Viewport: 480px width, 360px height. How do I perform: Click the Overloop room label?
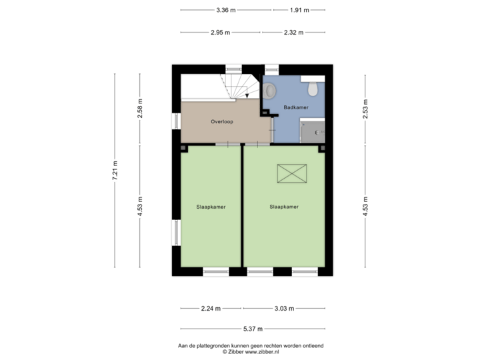[x=221, y=122]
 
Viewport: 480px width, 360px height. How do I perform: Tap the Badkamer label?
[x=295, y=107]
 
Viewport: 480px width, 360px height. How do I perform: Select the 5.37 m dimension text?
[x=253, y=329]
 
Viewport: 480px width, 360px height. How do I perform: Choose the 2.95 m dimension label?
[x=220, y=32]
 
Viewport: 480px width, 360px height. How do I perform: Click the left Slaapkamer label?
[x=211, y=207]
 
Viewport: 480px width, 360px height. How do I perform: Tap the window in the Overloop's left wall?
[x=176, y=121]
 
